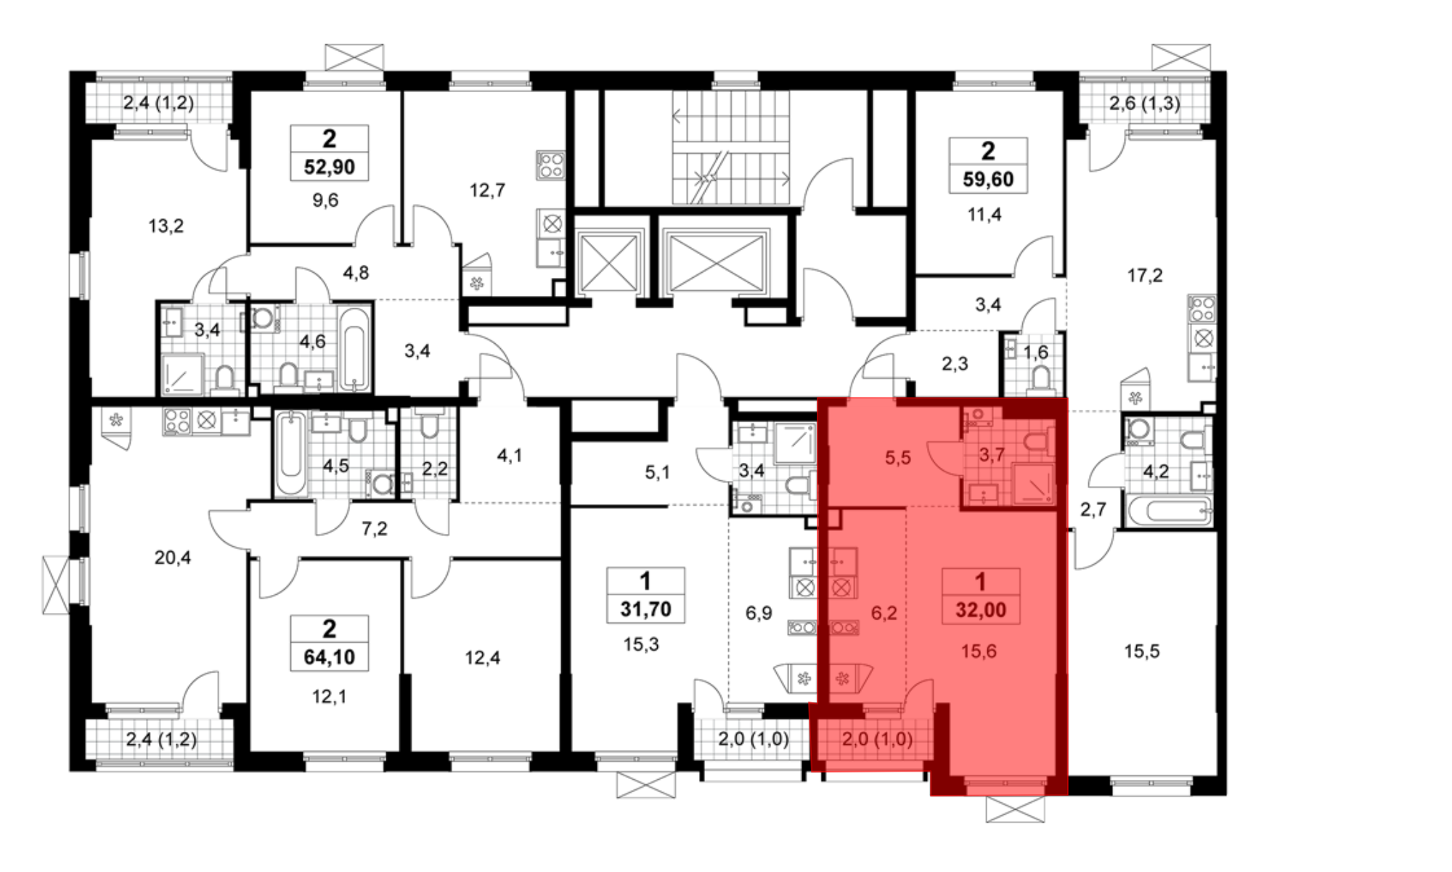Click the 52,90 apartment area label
pyautogui.click(x=329, y=168)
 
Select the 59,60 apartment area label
pyautogui.click(x=988, y=179)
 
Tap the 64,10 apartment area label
pyautogui.click(x=329, y=658)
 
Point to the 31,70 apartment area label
pyautogui.click(x=645, y=609)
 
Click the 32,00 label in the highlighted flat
pyautogui.click(x=981, y=610)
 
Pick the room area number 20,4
pyautogui.click(x=173, y=558)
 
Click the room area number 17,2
pyautogui.click(x=1144, y=276)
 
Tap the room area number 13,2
pyautogui.click(x=166, y=226)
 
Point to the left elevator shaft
pyautogui.click(x=608, y=262)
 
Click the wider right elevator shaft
pyautogui.click(x=714, y=262)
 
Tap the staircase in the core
pyautogui.click(x=730, y=147)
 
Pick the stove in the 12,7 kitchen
pyautogui.click(x=550, y=165)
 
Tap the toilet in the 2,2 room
pyautogui.click(x=429, y=426)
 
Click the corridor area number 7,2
pyautogui.click(x=375, y=529)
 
